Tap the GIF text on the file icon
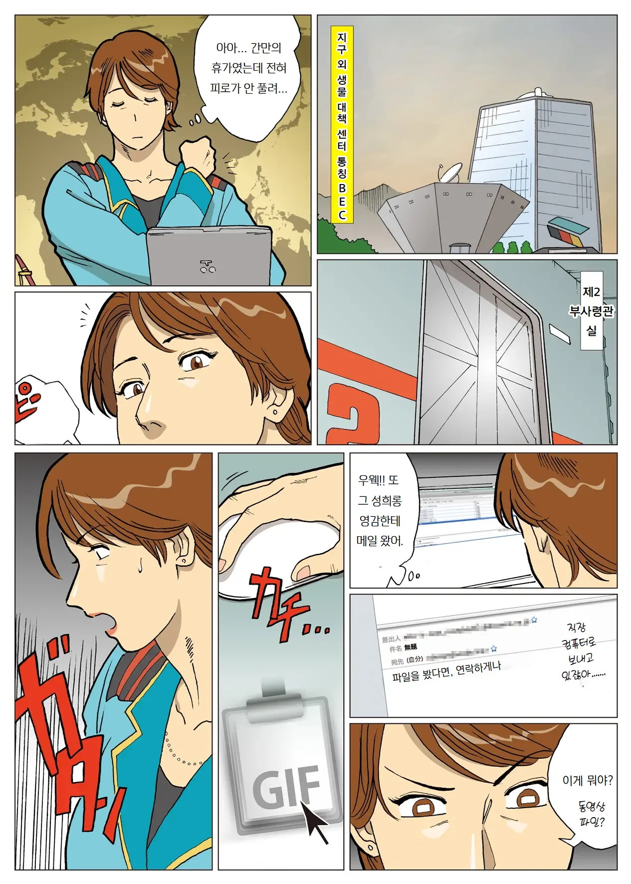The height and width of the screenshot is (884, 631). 286,787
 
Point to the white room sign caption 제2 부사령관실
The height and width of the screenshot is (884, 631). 591,310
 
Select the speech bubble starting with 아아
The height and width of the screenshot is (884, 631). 248,70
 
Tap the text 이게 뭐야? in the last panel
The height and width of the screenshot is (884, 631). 587,780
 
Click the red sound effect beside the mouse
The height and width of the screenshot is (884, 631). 284,606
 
